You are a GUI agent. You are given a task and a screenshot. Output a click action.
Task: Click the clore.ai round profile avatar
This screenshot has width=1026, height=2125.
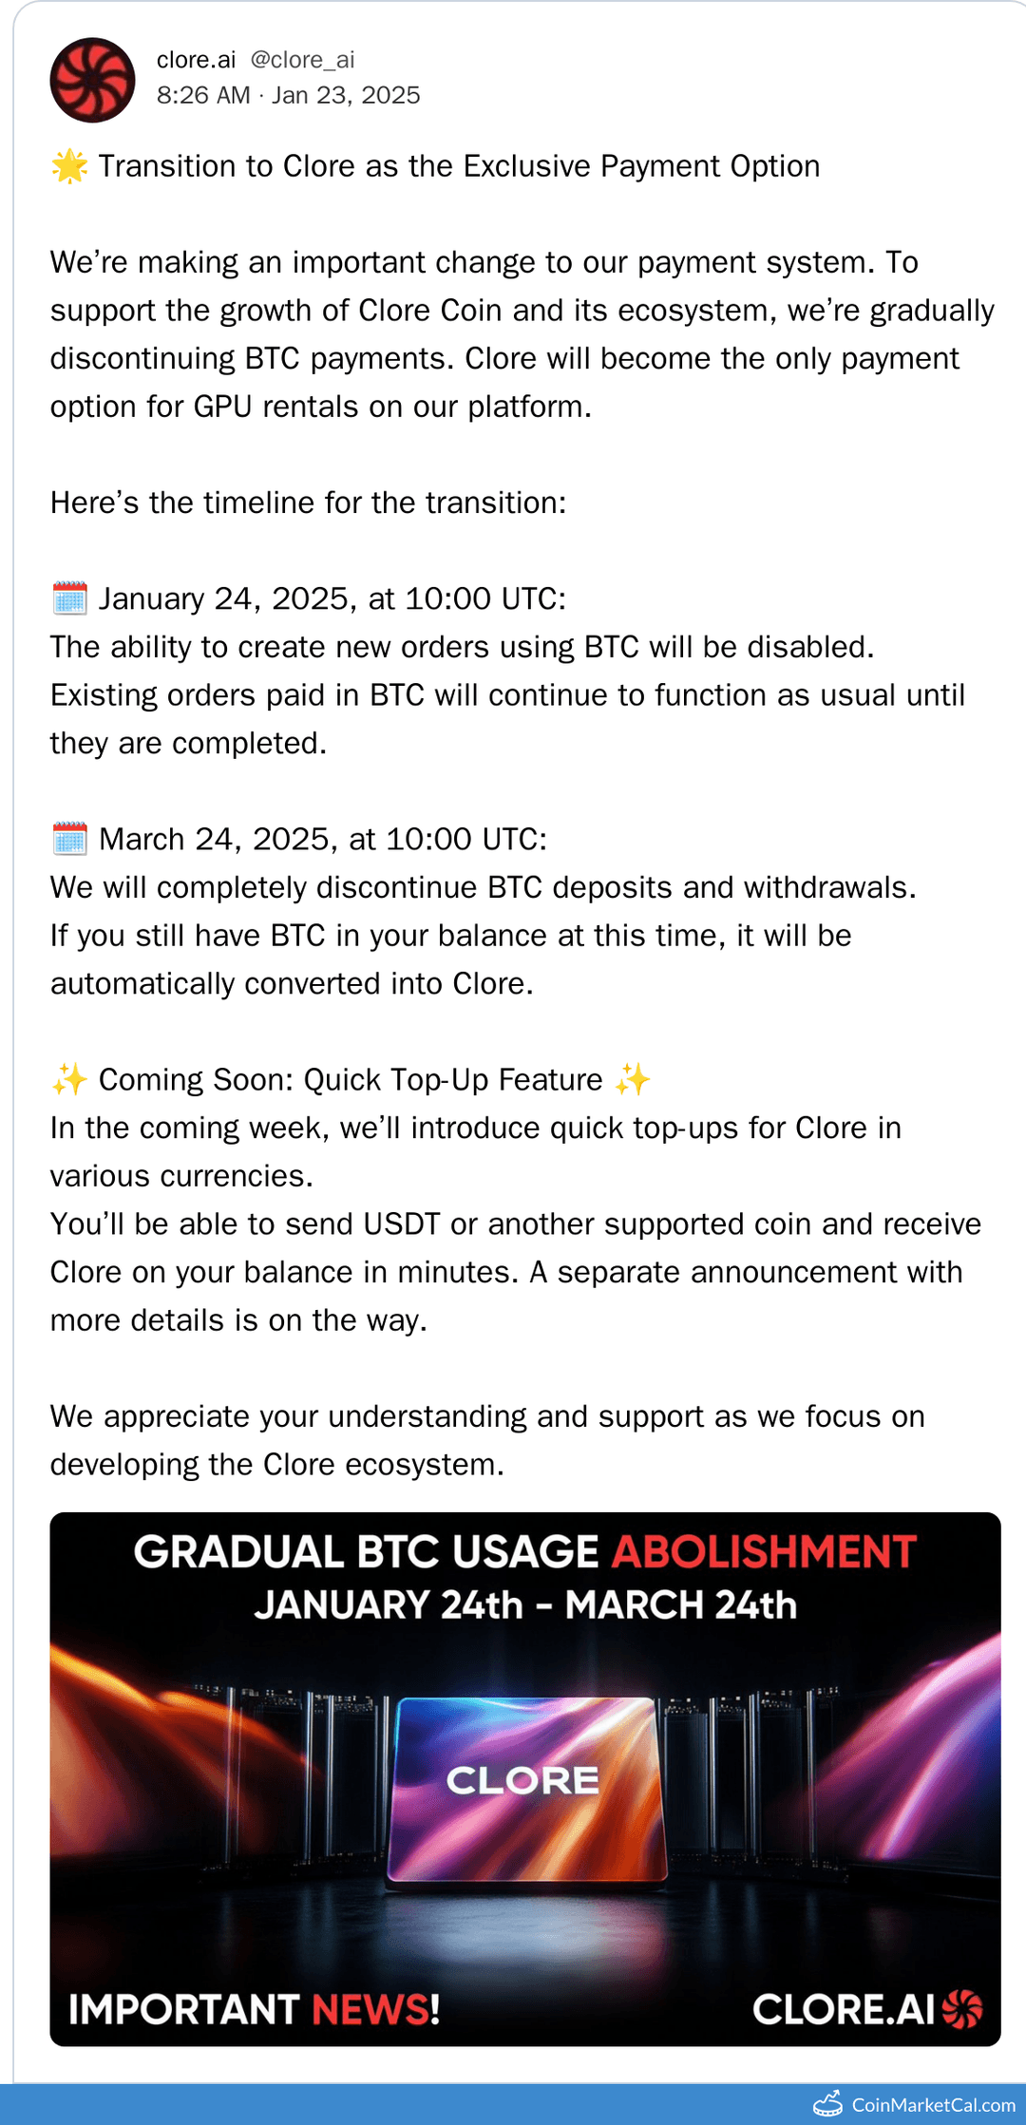[x=92, y=80]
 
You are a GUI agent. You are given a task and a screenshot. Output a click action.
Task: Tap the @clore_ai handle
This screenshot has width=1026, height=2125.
[x=302, y=60]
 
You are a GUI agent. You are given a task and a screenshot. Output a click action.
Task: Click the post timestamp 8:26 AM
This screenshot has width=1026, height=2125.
[x=203, y=95]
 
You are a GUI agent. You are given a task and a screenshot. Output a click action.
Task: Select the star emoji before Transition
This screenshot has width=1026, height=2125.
[x=69, y=166]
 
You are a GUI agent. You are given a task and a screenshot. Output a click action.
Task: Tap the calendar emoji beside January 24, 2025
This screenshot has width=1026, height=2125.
[x=69, y=598]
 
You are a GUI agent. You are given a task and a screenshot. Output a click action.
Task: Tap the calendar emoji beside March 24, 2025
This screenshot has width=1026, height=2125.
[x=69, y=839]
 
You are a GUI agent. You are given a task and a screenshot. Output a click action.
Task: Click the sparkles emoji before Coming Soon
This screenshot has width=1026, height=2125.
[x=69, y=1080]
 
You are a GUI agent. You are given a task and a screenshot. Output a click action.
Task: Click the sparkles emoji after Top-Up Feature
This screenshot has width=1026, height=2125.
[x=633, y=1080]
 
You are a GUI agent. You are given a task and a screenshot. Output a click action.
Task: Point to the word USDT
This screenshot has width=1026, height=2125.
[x=402, y=1224]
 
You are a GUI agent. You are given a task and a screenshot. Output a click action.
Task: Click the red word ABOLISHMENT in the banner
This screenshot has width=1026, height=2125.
[x=764, y=1552]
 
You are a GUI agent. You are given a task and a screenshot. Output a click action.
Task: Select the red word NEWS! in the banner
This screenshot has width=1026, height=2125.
[x=375, y=2009]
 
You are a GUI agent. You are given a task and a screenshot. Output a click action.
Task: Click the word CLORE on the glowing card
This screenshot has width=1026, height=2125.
[x=522, y=1780]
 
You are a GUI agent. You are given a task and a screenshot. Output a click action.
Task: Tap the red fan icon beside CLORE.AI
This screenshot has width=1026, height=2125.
[x=962, y=2009]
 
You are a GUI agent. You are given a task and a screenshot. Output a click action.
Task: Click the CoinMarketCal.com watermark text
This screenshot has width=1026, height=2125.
[x=934, y=2105]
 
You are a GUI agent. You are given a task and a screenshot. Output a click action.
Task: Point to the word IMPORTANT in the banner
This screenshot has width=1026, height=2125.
[x=184, y=2009]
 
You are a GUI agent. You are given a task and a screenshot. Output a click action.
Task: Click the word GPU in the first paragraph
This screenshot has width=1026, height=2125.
[x=223, y=407]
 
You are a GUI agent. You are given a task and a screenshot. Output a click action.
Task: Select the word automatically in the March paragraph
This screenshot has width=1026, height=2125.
[x=142, y=984]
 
